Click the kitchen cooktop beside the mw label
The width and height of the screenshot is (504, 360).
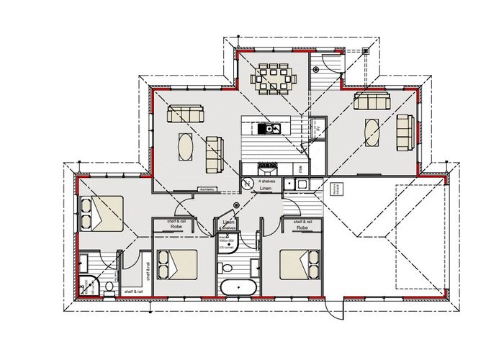click(x=268, y=168)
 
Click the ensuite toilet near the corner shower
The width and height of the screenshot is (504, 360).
click(x=108, y=287)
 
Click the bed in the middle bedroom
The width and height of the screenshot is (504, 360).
click(x=176, y=265)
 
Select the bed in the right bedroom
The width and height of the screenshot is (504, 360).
click(x=300, y=264)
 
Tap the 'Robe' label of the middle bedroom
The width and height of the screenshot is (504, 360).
click(x=175, y=227)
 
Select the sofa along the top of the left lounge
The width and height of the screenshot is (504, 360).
click(x=186, y=114)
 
